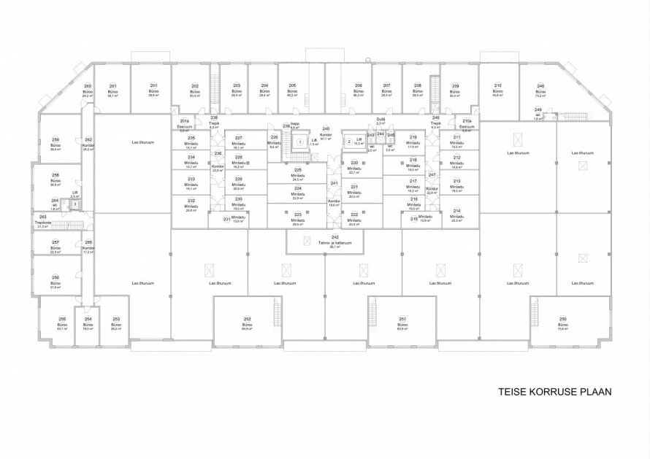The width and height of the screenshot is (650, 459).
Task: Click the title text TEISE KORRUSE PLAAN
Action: tap(554, 391)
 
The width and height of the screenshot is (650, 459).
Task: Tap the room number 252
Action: tap(247, 319)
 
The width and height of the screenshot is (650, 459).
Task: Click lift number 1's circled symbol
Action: tap(299, 141)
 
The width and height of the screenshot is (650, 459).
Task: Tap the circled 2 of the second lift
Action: tap(349, 141)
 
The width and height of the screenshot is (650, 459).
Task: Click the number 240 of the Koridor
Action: tap(326, 128)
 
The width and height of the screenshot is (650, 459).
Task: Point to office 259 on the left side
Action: tap(55, 145)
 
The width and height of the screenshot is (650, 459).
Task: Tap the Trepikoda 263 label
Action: tap(42, 223)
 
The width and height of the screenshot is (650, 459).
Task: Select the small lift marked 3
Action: tap(74, 204)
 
